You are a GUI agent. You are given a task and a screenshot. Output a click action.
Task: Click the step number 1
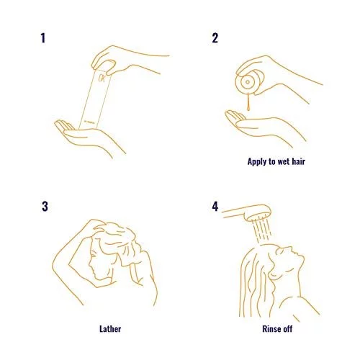(x=43, y=38)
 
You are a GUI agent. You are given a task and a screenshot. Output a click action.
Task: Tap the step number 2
(x=215, y=38)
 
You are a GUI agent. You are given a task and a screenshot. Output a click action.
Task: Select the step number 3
(x=45, y=207)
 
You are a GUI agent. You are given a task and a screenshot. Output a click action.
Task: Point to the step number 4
(x=215, y=207)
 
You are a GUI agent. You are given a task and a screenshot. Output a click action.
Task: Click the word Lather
(x=110, y=329)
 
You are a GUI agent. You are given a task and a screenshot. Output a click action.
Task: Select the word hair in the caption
(x=298, y=161)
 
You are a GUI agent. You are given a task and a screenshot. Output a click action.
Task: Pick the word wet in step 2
(x=283, y=161)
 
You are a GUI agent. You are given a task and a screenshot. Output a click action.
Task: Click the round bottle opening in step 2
(x=248, y=82)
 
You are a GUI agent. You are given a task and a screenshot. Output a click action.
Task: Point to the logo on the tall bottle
(x=102, y=78)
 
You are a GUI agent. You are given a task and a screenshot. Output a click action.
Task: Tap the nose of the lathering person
(x=90, y=266)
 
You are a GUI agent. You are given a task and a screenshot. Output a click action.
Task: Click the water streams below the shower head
(x=263, y=229)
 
